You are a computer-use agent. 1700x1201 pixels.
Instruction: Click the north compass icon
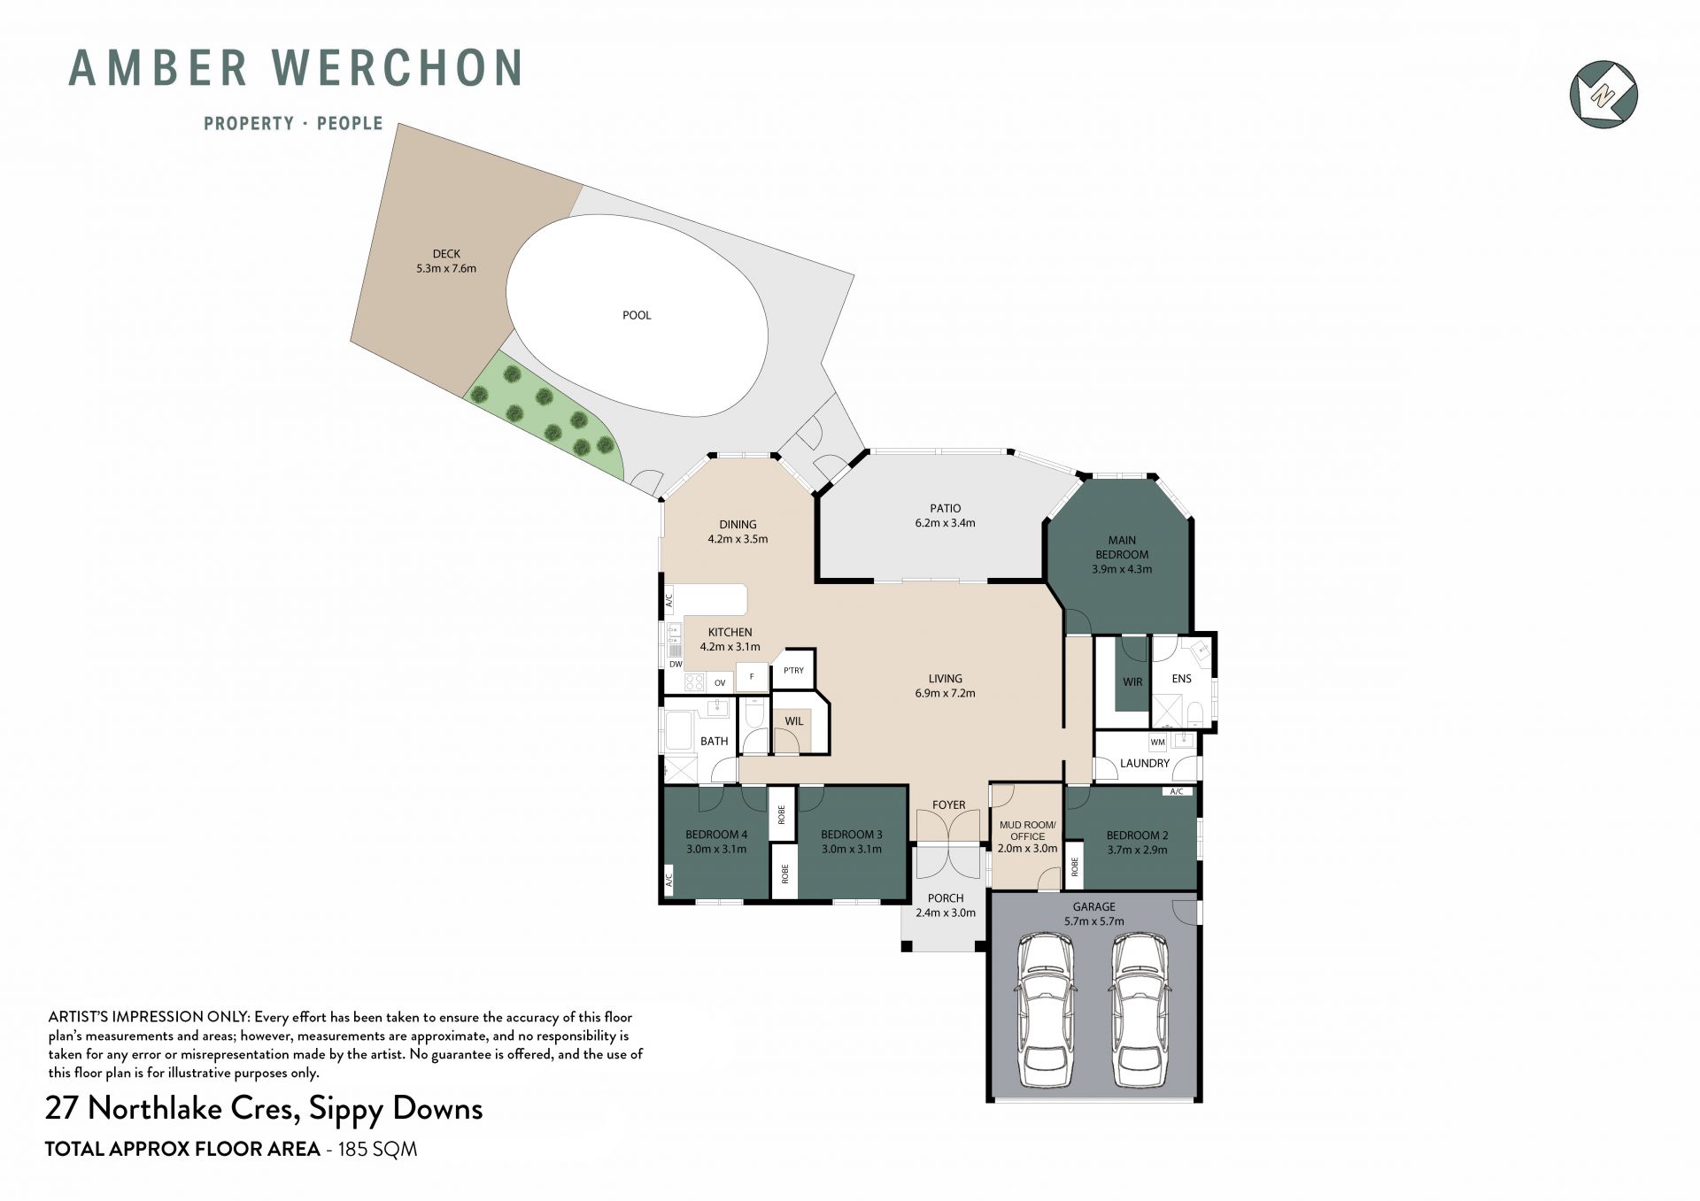point(1603,94)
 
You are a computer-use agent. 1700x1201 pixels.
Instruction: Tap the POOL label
point(637,315)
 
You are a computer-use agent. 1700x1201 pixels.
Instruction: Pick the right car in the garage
point(1140,1010)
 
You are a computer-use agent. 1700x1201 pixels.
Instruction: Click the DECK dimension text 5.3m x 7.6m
point(446,268)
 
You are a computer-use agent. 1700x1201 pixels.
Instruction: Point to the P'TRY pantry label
point(794,670)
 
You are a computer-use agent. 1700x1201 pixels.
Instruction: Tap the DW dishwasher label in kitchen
point(676,664)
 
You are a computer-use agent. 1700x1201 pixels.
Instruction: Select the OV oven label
point(720,682)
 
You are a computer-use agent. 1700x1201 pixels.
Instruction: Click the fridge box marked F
point(752,677)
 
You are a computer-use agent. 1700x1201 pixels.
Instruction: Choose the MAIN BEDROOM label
point(1122,547)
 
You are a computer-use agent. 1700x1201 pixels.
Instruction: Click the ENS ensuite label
point(1181,679)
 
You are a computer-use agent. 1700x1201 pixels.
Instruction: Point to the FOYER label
point(948,805)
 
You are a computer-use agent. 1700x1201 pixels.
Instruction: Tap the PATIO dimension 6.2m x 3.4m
point(945,523)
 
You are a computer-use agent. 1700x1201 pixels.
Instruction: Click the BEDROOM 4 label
point(716,835)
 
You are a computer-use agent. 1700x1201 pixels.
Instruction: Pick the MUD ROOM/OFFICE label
point(1027,830)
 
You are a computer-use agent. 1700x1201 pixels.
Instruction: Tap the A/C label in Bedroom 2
point(1177,791)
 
